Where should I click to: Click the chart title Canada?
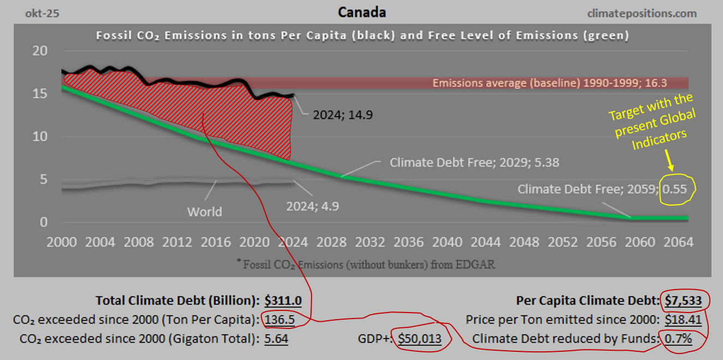361,12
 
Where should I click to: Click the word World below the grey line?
205,212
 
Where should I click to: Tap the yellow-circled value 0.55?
678,189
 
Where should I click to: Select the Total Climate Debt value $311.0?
283,301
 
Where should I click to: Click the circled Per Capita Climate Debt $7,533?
686,301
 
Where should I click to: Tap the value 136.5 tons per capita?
279,320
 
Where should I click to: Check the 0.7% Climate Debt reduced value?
678,339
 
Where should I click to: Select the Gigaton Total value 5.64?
276,339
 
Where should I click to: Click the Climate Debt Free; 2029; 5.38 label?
474,163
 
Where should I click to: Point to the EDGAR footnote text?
366,265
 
